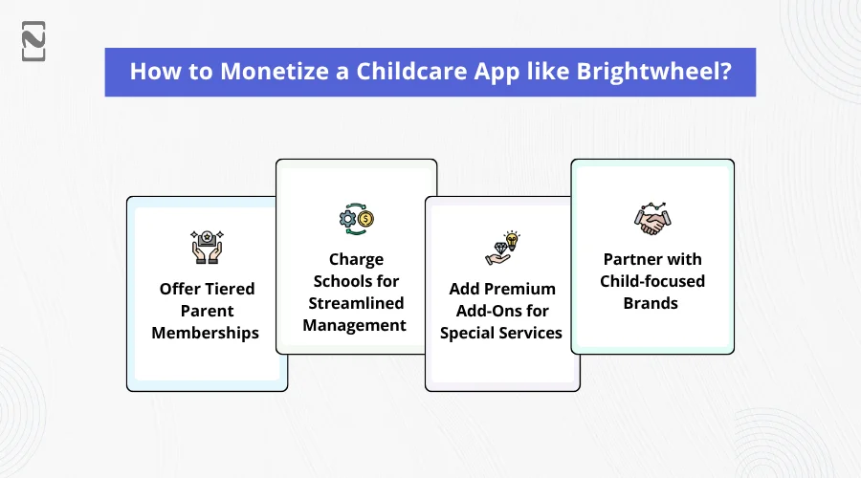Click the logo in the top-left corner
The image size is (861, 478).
[33, 41]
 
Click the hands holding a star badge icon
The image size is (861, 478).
[207, 247]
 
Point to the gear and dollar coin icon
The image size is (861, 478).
[357, 219]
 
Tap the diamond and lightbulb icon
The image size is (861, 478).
[502, 248]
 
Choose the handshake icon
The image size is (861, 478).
[652, 218]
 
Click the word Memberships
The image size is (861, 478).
[206, 333]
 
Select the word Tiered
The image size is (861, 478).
[230, 289]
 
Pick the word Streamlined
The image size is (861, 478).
[356, 303]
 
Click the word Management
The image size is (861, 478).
[354, 325]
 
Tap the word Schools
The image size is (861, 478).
[338, 281]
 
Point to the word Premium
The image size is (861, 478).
[519, 289]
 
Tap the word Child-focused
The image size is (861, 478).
[652, 281]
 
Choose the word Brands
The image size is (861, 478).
[651, 303]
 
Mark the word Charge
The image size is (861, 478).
[357, 260]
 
